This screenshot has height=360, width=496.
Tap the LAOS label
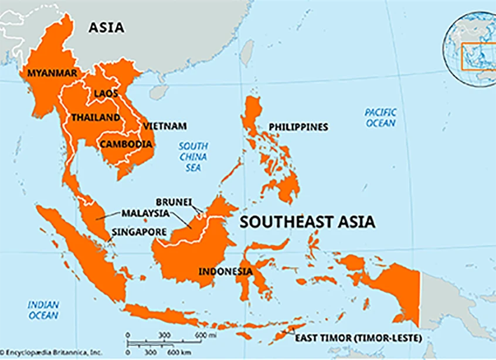[x=106, y=93]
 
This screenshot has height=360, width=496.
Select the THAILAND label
[x=96, y=117]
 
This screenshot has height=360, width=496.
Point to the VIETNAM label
[x=165, y=126]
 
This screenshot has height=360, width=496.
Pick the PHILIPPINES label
[x=298, y=127]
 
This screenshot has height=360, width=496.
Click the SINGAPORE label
[x=139, y=231]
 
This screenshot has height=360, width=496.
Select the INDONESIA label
[x=226, y=271]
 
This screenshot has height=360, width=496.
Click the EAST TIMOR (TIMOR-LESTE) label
[x=358, y=338]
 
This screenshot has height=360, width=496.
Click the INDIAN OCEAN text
[x=43, y=310]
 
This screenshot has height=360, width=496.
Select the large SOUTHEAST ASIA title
[x=307, y=222]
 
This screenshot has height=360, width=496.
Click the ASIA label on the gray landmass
[x=107, y=28]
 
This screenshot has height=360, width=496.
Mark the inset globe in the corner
[x=470, y=50]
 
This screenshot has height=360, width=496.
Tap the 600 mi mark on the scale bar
[x=201, y=335]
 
